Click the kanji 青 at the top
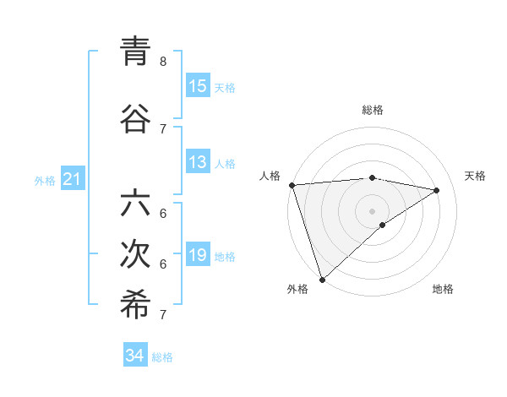click(x=135, y=52)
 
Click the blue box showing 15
click(x=198, y=86)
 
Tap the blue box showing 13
click(x=198, y=163)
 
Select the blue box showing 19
click(x=198, y=256)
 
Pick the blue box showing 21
click(x=72, y=179)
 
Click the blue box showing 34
click(x=135, y=356)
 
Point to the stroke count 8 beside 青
click(x=163, y=62)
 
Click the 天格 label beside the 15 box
click(x=225, y=87)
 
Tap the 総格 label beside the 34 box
click(x=162, y=356)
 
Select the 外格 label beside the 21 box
click(x=45, y=180)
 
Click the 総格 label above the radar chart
click(x=373, y=110)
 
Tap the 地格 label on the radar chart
click(x=443, y=289)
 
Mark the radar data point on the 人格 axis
click(x=292, y=185)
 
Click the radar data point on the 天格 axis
click(x=437, y=190)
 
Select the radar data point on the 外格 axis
click(x=322, y=280)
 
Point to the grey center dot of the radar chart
click(x=372, y=211)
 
